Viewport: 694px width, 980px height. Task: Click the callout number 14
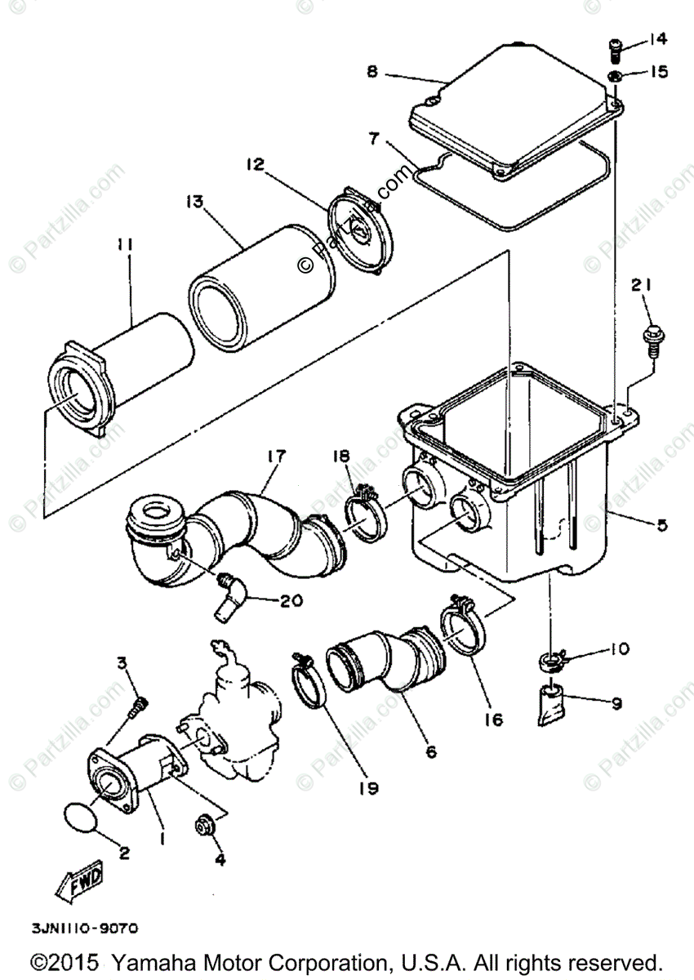pyautogui.click(x=658, y=38)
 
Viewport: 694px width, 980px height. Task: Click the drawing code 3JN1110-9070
pyautogui.click(x=85, y=929)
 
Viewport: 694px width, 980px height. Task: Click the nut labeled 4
pyautogui.click(x=204, y=825)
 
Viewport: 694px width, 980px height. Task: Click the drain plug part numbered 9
pyautogui.click(x=551, y=703)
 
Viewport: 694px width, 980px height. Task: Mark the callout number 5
pyautogui.click(x=661, y=525)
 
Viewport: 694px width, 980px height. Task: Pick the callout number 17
pyautogui.click(x=274, y=457)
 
